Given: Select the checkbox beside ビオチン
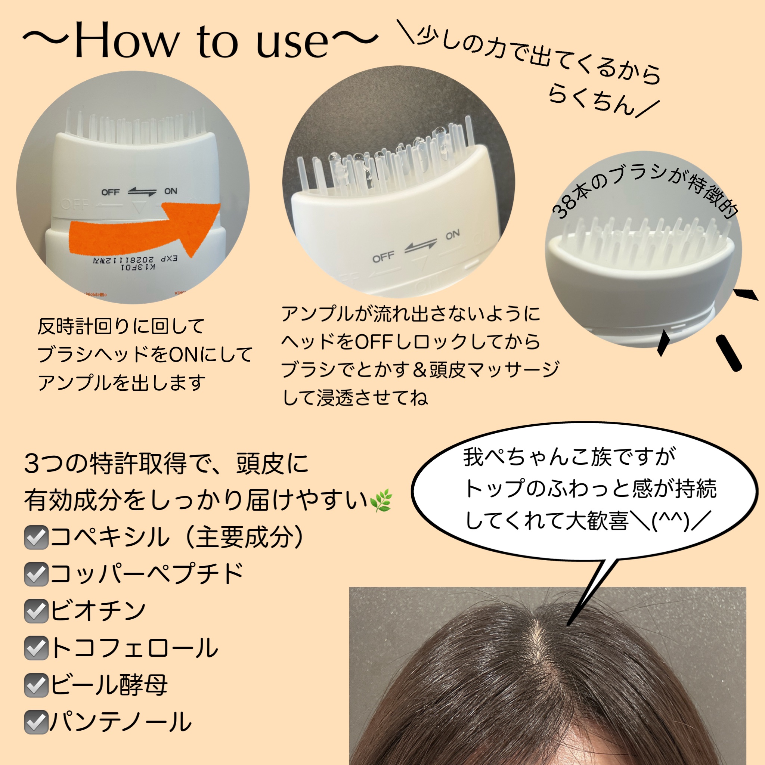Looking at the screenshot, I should (35, 611).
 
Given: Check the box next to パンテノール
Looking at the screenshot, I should (35, 722).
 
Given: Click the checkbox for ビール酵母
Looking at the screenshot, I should (35, 685).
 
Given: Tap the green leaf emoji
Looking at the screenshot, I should (381, 500).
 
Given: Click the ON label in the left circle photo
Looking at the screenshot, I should (171, 191).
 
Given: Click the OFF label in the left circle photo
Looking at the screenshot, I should (111, 192).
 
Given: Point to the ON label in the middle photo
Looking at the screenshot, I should (453, 235).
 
